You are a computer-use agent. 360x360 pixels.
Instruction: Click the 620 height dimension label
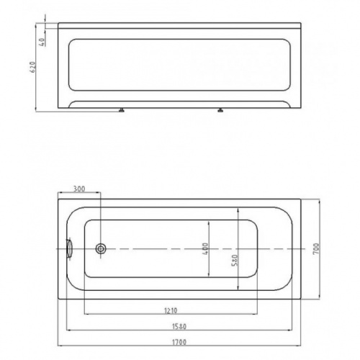pos(33,67)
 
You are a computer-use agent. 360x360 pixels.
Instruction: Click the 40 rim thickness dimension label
pos(42,42)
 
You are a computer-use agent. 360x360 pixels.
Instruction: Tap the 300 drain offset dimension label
pos(79,189)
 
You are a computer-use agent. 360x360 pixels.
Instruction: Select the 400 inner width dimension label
pos(205,249)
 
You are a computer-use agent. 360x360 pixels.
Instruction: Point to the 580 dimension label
pos(235,260)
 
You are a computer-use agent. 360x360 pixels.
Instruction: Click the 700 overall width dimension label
pos(317,249)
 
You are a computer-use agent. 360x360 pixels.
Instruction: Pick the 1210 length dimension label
pos(171,310)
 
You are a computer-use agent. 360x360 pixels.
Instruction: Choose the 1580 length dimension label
pos(179,326)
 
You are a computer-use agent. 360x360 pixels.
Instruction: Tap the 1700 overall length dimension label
pos(179,342)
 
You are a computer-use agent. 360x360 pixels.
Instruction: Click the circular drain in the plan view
pos(101,249)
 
